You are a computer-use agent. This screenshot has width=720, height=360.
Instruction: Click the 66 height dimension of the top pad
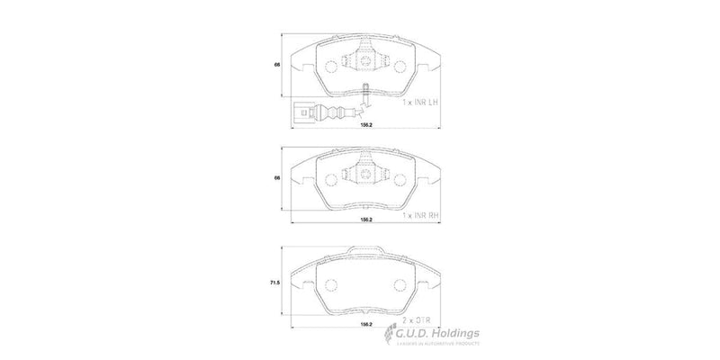[278, 66]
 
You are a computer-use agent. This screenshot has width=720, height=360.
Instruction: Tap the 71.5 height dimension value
[274, 283]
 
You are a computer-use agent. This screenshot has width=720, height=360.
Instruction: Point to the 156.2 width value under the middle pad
[367, 219]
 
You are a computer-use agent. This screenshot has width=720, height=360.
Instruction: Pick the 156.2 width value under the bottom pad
[367, 323]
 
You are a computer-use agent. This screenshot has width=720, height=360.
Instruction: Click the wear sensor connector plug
[302, 113]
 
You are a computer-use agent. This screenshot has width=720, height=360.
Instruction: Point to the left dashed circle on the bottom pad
[329, 285]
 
